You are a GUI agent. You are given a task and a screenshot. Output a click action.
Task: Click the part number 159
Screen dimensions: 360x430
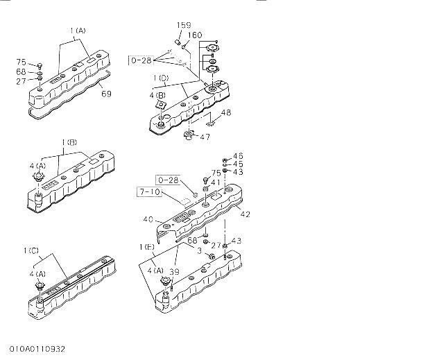click(x=183, y=26)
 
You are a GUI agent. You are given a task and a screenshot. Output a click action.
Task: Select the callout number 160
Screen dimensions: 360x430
click(x=195, y=35)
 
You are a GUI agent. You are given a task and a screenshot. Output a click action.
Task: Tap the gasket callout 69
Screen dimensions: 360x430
click(x=105, y=94)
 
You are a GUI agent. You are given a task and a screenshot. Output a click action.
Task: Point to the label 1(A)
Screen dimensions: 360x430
click(x=78, y=31)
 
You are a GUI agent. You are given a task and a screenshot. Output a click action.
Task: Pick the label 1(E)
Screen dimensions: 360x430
click(x=146, y=246)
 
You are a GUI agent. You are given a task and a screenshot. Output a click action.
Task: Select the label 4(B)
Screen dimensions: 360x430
click(x=156, y=95)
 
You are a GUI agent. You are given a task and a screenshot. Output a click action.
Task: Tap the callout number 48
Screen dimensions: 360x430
click(x=226, y=112)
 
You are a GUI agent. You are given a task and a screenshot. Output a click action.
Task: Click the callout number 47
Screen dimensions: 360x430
click(x=205, y=137)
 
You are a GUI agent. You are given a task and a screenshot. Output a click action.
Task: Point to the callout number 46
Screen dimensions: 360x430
click(x=238, y=156)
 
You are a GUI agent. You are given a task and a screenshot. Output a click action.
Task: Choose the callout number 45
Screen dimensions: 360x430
click(x=238, y=164)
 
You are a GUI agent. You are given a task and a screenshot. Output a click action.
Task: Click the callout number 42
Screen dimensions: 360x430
click(x=245, y=214)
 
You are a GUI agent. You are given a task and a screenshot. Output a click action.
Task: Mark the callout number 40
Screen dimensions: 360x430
click(x=148, y=219)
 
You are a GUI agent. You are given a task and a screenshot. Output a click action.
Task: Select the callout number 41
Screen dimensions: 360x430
click(x=216, y=182)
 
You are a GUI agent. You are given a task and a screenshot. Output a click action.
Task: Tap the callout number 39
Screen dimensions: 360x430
click(x=174, y=272)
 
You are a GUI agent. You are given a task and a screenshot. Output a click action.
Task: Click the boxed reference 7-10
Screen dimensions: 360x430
click(x=150, y=191)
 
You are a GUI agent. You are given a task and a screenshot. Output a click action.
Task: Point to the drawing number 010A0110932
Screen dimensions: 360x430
click(x=37, y=349)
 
